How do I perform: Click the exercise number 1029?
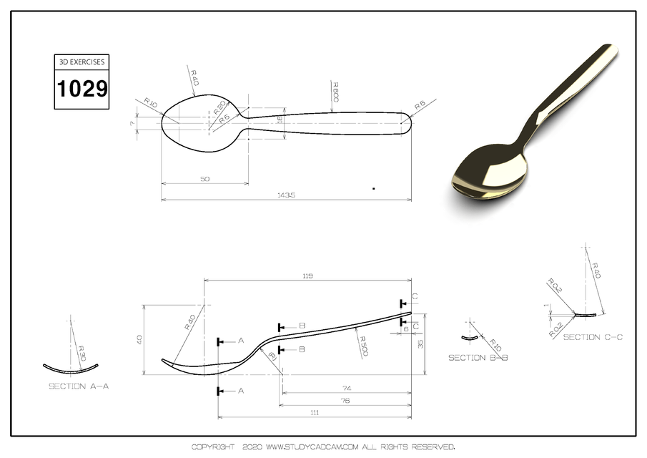82,89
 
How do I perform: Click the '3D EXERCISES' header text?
82,62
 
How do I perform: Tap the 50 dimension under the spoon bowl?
205,179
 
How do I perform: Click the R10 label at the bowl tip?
150,103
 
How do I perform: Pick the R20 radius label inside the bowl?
219,108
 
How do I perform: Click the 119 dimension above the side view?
308,275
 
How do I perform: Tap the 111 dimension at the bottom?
315,412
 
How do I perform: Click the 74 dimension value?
347,388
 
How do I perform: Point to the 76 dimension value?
345,401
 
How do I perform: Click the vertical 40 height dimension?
139,339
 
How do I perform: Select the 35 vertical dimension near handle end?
421,343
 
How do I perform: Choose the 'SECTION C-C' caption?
593,336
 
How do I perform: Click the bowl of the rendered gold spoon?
489,172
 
